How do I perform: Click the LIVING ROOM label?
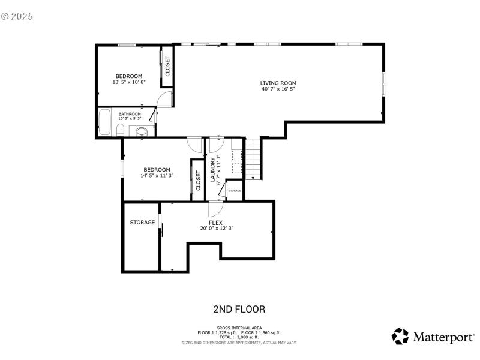coord(278,83)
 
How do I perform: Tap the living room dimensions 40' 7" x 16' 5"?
coord(278,89)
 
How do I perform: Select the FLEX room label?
coord(216,222)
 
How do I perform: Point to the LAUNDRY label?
coord(212,169)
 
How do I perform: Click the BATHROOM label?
coord(130,114)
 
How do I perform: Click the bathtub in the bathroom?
coord(104,122)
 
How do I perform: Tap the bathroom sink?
coord(142,131)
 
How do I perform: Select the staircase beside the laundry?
coord(254,158)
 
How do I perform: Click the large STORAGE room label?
coord(142,223)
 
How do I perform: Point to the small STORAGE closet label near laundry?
coord(235,191)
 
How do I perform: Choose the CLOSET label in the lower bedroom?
coord(199,181)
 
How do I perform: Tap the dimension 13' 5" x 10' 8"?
coord(129,82)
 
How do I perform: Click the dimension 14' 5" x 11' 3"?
coord(157,176)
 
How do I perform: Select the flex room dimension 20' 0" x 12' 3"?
coord(216,228)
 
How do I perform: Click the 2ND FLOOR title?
coord(239,310)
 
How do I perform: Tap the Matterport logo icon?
coord(400,336)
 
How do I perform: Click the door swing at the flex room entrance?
coord(215,209)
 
